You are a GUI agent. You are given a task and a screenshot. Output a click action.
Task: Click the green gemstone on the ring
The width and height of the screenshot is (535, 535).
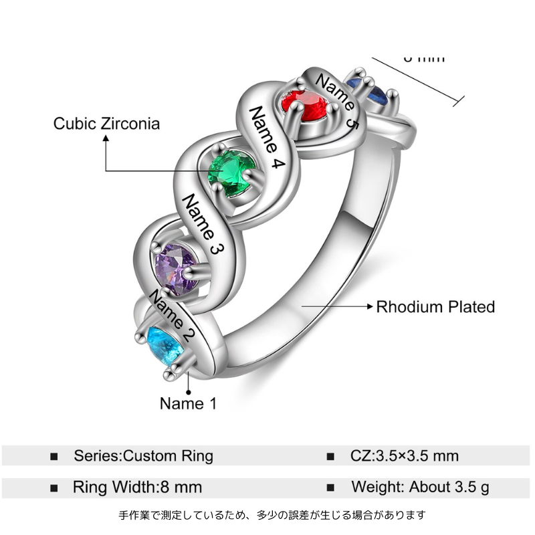pos(231,173)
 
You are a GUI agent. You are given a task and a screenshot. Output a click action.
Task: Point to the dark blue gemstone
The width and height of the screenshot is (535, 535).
pos(374,90)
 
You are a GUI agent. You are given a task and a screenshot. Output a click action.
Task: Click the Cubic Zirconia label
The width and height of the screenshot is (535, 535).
pos(107,123)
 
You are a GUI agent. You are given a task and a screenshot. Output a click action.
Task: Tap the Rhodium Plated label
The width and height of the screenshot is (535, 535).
pos(435,307)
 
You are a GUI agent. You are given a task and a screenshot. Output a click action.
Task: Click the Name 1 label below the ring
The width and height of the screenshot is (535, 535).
pos(188,403)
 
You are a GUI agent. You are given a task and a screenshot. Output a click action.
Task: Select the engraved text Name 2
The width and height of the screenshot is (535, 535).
pos(172,314)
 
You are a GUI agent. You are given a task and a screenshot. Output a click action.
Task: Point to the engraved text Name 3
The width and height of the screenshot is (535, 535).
pos(202,225)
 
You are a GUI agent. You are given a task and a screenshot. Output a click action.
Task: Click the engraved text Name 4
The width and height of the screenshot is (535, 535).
pos(266,138)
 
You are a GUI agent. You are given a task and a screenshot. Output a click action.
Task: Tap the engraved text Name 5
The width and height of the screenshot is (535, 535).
pos(336,100)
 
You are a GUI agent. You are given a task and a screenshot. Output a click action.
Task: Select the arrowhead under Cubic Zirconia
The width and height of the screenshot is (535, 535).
pos(105,138)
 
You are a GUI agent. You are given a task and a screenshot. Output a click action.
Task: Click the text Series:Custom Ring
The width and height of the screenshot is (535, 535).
pos(143,456)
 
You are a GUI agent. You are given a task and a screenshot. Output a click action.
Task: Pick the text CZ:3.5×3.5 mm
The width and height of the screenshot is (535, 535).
pos(405,456)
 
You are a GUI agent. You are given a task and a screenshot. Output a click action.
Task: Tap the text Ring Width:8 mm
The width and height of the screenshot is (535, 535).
pos(137,487)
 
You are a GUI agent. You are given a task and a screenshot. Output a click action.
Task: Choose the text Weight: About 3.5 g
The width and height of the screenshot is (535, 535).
pos(420,487)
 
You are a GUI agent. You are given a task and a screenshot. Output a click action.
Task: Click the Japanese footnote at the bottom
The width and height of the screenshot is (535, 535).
pos(272,515)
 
